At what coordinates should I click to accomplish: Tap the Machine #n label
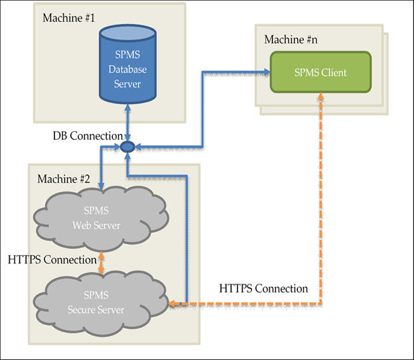point(291,40)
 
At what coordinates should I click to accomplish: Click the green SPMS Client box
point(320,72)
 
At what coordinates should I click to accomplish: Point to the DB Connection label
point(88,137)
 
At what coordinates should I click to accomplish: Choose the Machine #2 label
point(64,179)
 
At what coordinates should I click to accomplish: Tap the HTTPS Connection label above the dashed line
point(263,289)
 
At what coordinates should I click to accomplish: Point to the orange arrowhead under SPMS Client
point(322,97)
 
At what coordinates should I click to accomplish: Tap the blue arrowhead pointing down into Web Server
point(100,184)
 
